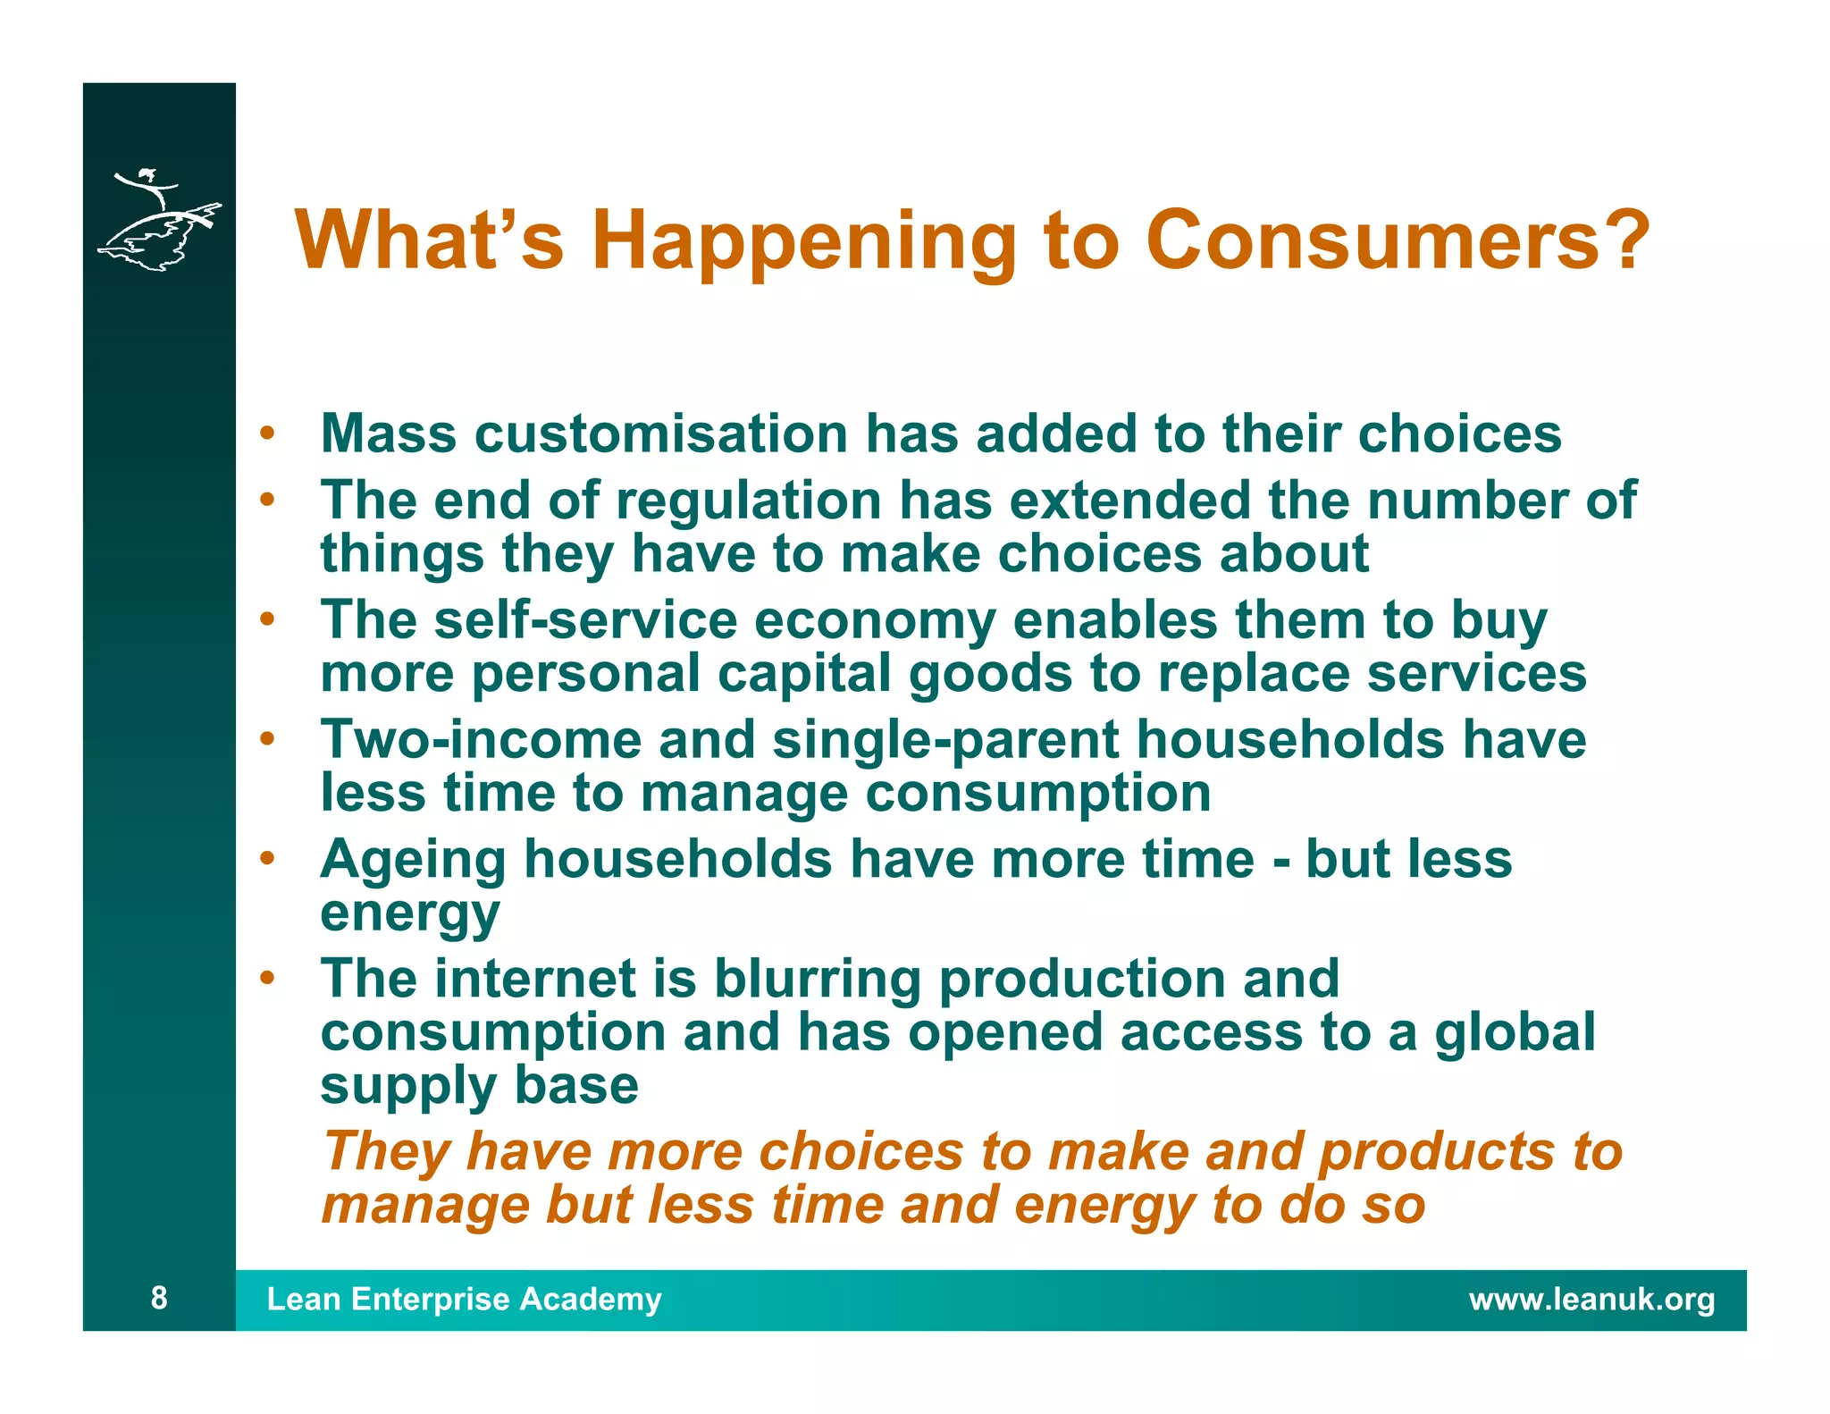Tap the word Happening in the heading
point(803,241)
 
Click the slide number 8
point(159,1298)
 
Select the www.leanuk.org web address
point(1591,1300)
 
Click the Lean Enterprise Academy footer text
point(464,1299)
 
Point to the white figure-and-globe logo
point(159,220)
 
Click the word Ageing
point(413,860)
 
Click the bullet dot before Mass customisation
point(266,434)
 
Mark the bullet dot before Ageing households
point(266,859)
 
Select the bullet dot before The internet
point(266,979)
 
